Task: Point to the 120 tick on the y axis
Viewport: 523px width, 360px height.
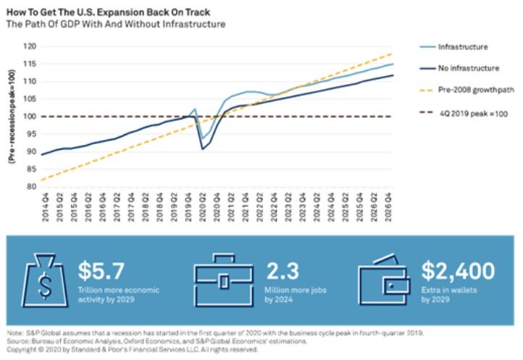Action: (x=29, y=46)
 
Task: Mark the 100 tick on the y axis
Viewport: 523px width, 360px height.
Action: (x=29, y=116)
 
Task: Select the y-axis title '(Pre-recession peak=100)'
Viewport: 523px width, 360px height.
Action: (x=12, y=116)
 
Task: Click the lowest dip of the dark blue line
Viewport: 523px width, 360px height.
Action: (x=204, y=149)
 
